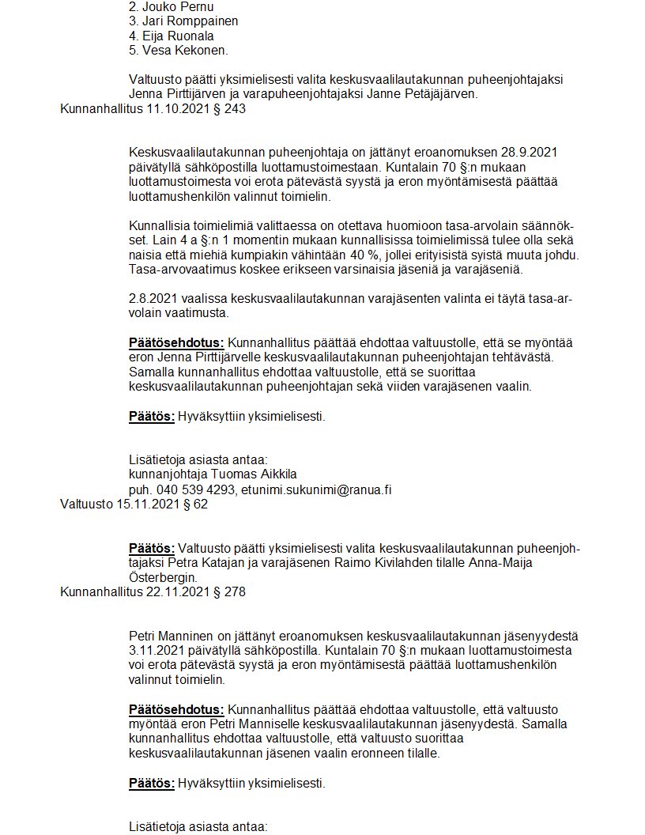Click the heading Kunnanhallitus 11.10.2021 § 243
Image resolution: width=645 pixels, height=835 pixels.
coord(153,109)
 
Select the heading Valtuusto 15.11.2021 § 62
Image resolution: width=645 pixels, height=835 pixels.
coord(134,504)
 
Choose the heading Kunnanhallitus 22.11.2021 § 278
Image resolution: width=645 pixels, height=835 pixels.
coord(153,591)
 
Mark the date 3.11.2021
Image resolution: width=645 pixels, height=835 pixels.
coord(156,650)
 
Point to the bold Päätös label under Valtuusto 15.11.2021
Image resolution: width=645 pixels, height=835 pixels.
coord(151,548)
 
